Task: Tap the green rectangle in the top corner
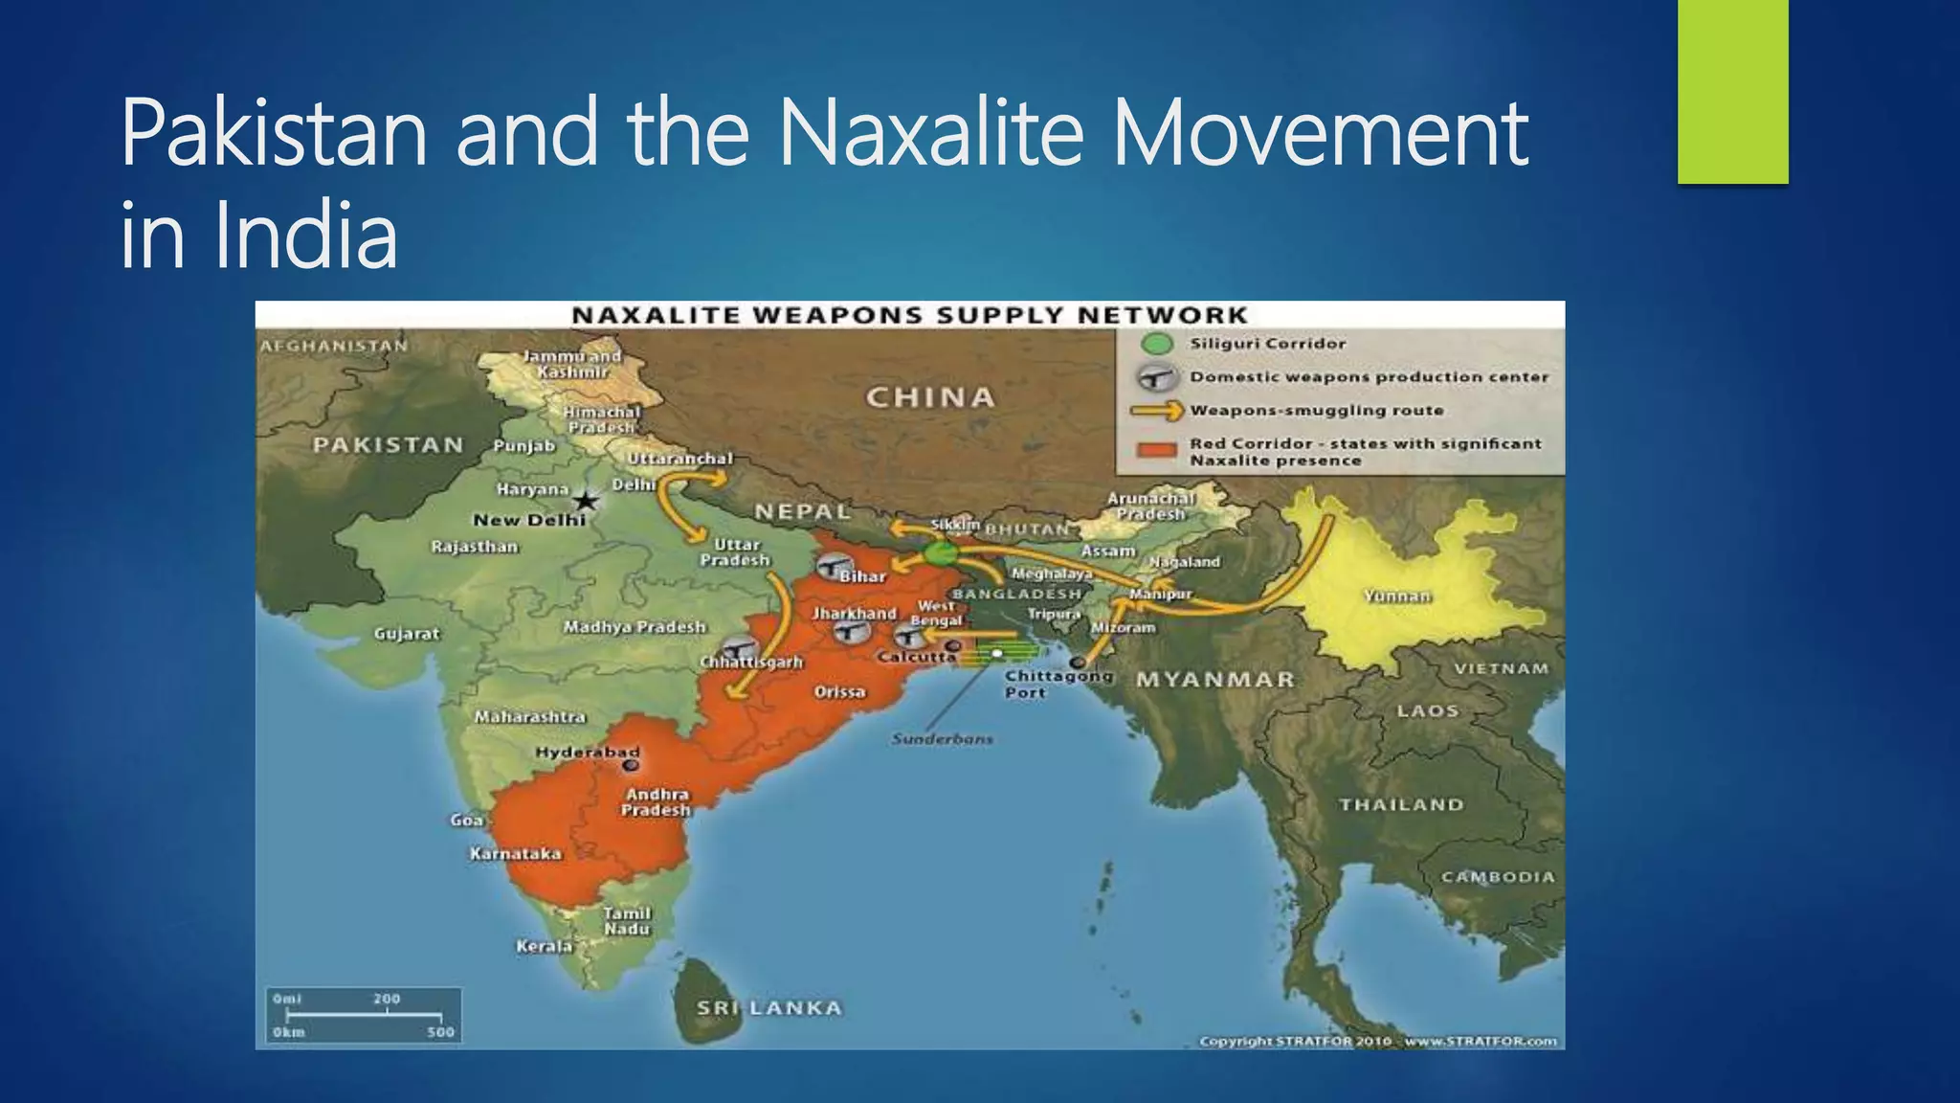1732,91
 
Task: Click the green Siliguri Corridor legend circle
1157,344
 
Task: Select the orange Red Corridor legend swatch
1156,451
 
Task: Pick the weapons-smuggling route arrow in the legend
1156,411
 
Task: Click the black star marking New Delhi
586,501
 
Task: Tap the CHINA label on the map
930,397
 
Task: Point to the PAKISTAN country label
388,445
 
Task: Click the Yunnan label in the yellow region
1397,597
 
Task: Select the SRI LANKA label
769,1008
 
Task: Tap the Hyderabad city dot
631,766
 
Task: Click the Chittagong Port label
1058,684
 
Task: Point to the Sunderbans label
943,739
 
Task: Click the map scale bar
364,1016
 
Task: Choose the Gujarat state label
407,634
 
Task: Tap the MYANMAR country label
1215,680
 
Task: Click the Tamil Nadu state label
627,921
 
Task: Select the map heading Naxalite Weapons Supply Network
909,315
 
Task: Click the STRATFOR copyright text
1378,1041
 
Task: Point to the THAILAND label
1401,805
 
